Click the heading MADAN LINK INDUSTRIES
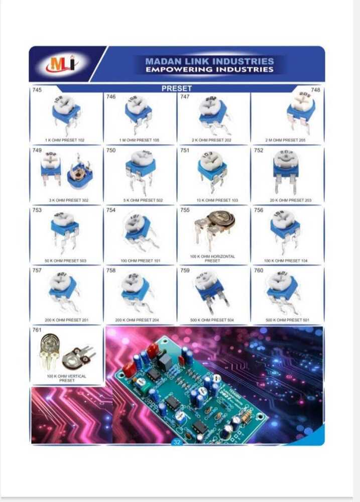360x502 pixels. coord(209,61)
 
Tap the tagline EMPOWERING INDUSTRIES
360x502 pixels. coord(209,70)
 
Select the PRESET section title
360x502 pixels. coord(176,88)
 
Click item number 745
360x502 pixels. coord(37,90)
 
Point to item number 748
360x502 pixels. coord(315,90)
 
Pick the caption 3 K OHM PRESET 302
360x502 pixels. coord(68,200)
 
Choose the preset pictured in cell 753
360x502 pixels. coord(65,230)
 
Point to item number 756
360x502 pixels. coord(259,210)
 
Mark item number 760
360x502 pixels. coord(259,271)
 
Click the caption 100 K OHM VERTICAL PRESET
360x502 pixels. coord(67,378)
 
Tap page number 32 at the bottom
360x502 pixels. coord(176,442)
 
